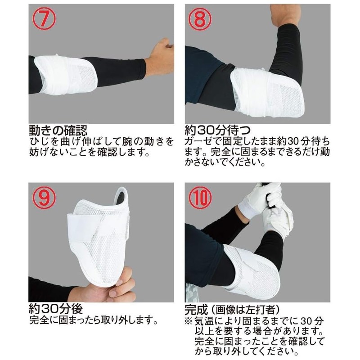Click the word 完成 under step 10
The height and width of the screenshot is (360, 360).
point(195,310)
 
